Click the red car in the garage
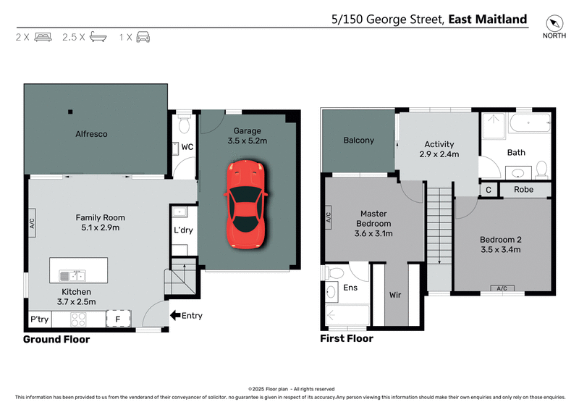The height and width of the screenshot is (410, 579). click(x=246, y=205)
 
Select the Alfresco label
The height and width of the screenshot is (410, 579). click(x=92, y=134)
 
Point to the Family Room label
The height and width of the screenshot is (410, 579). click(x=101, y=217)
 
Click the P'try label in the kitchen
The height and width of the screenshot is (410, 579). click(x=38, y=319)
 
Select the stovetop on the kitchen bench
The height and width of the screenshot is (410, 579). click(x=80, y=319)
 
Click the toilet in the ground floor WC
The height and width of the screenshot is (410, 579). click(x=185, y=125)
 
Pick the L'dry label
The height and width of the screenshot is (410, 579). click(x=182, y=230)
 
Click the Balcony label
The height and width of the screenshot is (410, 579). click(x=358, y=140)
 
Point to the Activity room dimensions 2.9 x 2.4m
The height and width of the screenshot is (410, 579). click(x=439, y=154)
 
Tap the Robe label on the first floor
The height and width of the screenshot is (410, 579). click(x=524, y=189)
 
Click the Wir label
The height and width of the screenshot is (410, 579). click(x=396, y=296)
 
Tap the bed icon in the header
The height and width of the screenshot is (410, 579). click(x=43, y=36)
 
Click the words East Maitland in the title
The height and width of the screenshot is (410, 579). click(x=487, y=20)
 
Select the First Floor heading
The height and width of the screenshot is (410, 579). click(x=347, y=338)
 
